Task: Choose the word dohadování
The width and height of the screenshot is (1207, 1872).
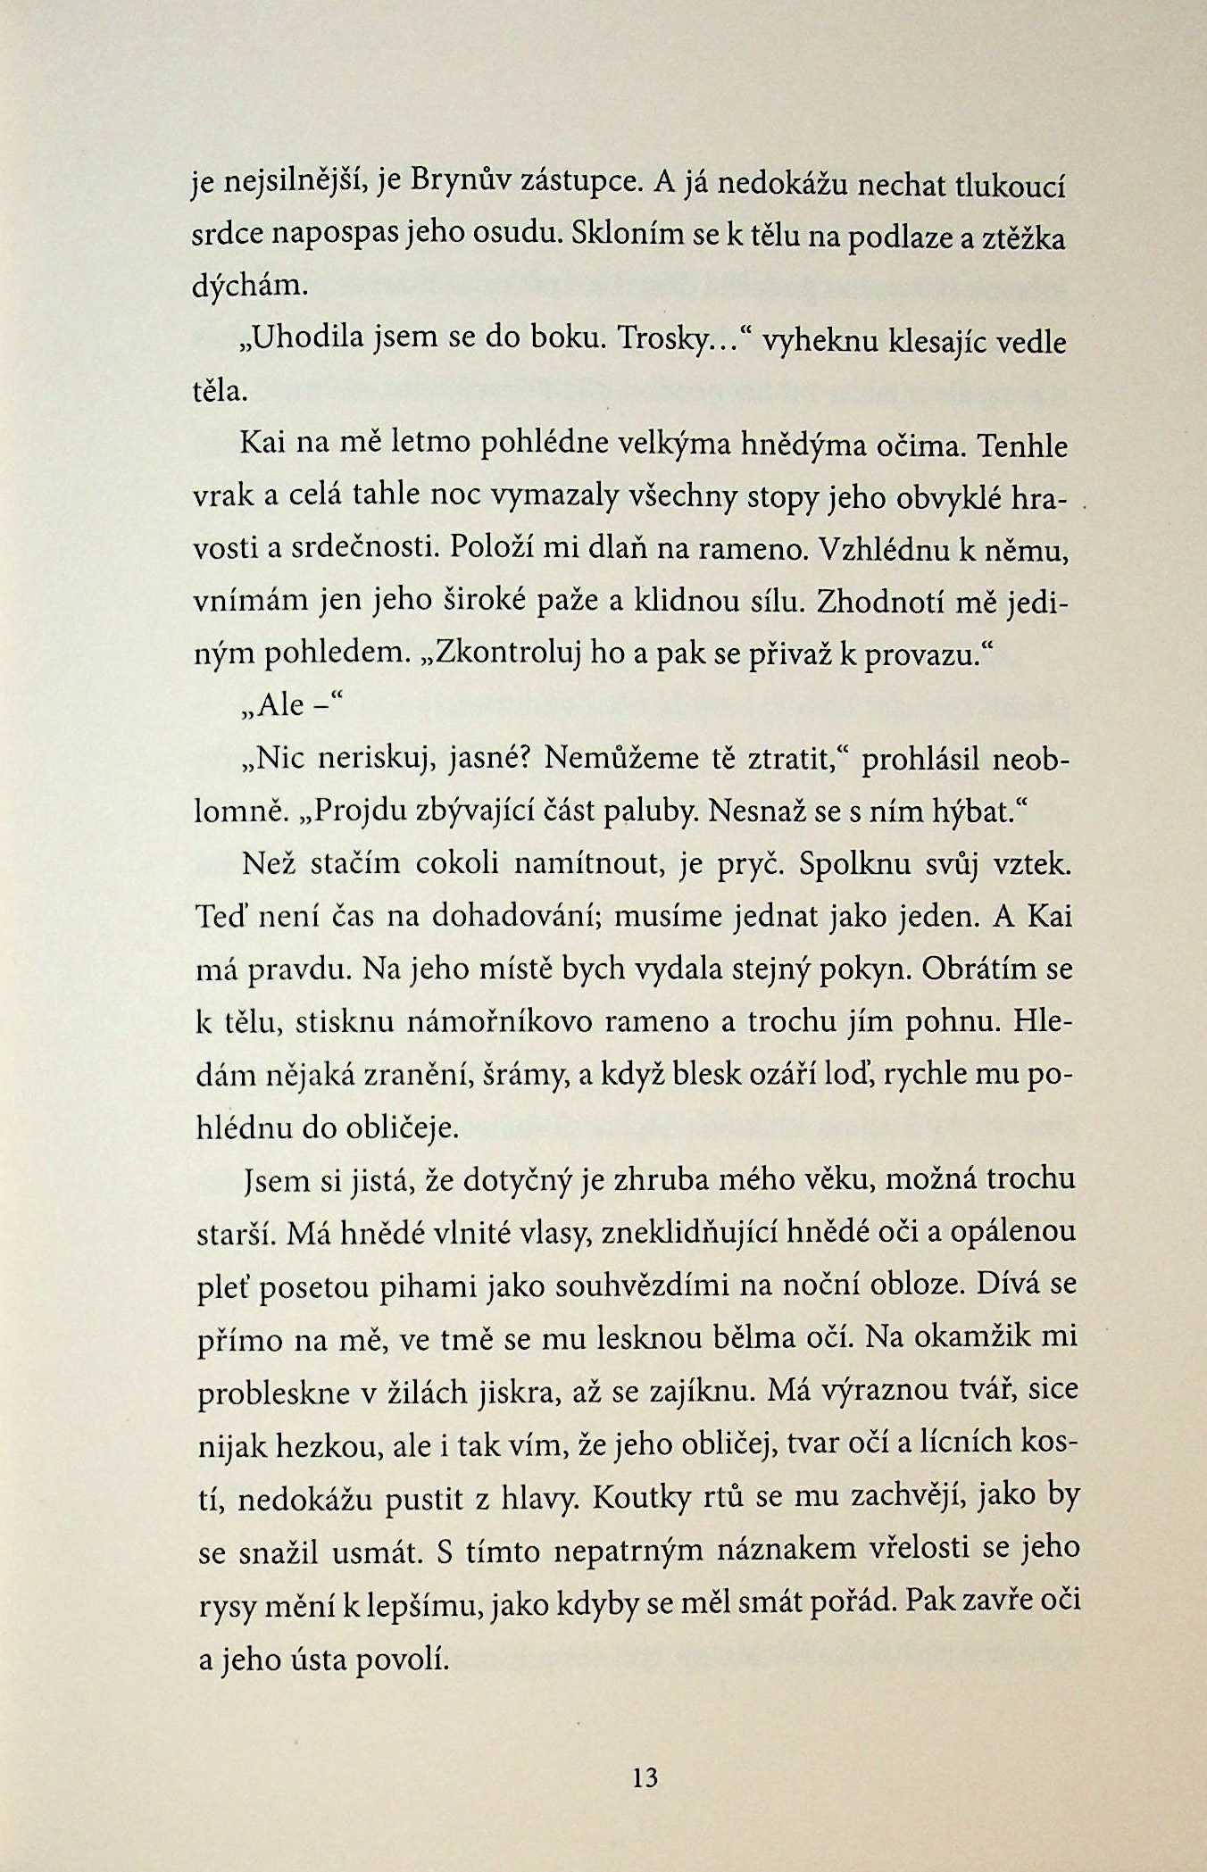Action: (x=512, y=917)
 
